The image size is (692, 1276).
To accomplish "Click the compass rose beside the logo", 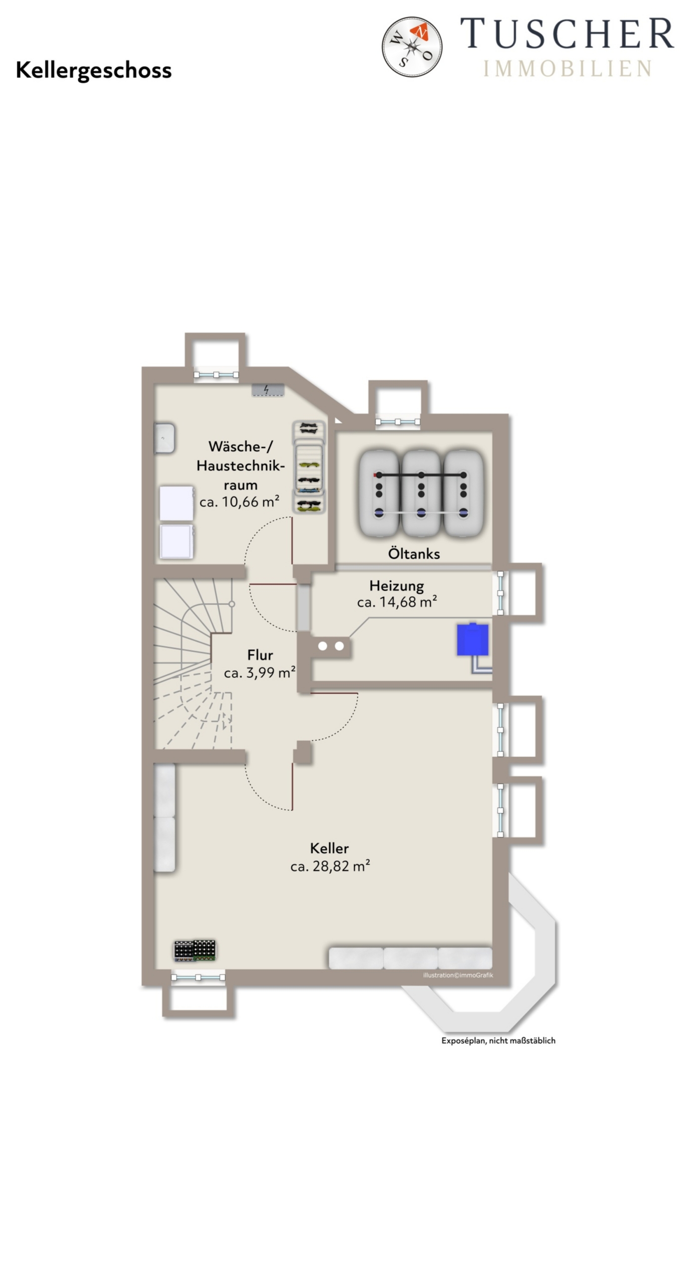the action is (x=412, y=46).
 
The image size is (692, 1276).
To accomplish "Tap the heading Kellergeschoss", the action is (x=94, y=71).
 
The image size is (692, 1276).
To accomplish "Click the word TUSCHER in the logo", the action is (x=567, y=33).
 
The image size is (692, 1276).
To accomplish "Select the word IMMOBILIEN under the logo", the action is (x=567, y=68).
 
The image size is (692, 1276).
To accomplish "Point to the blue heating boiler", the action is (x=473, y=639).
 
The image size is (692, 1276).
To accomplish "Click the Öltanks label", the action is (x=414, y=553).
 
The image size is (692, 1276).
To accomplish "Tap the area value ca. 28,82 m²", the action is (x=330, y=866).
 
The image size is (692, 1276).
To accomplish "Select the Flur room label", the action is (x=260, y=654).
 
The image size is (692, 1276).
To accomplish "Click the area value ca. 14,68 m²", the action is (x=397, y=602).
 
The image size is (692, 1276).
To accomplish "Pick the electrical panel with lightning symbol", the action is (x=268, y=390).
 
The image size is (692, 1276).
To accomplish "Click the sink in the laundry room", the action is (x=164, y=438).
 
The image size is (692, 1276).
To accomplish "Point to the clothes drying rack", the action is (x=309, y=468).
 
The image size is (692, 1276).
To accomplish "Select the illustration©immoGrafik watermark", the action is (x=458, y=975).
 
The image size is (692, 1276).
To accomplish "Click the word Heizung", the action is (x=397, y=586).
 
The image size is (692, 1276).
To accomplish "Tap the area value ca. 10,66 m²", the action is (x=239, y=502).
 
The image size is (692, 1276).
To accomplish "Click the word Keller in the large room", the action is (x=329, y=848).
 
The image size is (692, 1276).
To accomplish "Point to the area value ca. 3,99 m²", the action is (x=260, y=673).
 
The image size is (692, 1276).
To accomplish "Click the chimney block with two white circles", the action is (x=331, y=646).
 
